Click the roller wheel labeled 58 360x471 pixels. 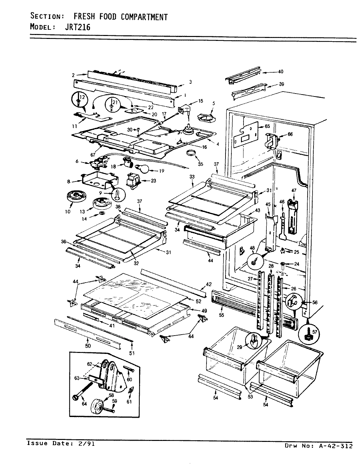(x=98, y=407)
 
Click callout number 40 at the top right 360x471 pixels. (x=280, y=72)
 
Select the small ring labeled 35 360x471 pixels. (x=191, y=152)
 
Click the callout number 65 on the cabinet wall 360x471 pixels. (x=267, y=126)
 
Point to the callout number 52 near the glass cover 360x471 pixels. (x=199, y=301)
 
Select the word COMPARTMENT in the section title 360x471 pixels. (x=144, y=17)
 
